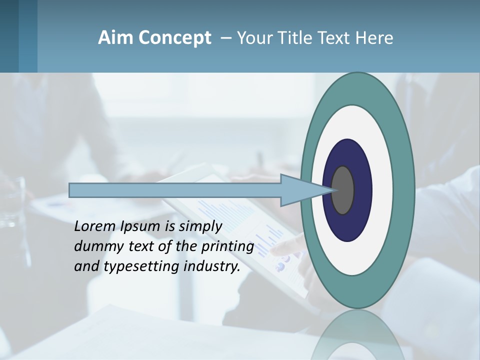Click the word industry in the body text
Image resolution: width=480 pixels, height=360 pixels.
211,266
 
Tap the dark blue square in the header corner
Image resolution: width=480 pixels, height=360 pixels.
9,36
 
